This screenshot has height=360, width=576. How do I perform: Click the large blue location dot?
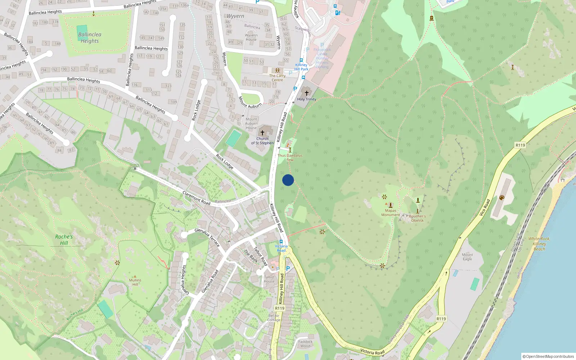click(x=288, y=180)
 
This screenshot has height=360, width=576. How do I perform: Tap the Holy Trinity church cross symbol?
click(x=307, y=93)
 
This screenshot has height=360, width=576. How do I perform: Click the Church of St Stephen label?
click(x=262, y=141)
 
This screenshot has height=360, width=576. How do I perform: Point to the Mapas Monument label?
click(x=391, y=213)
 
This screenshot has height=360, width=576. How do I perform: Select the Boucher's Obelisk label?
click(x=417, y=218)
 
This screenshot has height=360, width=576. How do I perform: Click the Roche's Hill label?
click(x=64, y=240)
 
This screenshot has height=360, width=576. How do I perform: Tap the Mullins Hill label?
click(x=135, y=282)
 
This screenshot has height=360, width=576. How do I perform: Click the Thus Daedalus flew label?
click(x=290, y=158)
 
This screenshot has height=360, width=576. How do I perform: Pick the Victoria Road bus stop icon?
click(x=281, y=242)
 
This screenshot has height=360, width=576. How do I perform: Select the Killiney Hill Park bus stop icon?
click(x=301, y=60)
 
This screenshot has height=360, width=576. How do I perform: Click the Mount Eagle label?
click(x=467, y=257)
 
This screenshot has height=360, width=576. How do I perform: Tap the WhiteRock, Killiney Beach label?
click(x=539, y=244)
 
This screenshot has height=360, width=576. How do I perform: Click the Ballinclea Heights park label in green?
click(x=90, y=38)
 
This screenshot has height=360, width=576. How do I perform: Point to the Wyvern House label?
click(x=251, y=37)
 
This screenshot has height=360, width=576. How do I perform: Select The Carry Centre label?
click(x=277, y=78)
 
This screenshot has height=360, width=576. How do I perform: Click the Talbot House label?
click(x=269, y=279)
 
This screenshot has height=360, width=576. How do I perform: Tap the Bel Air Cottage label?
click(x=274, y=318)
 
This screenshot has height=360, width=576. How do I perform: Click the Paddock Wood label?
click(x=305, y=344)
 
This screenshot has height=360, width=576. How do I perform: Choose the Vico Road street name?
click(x=485, y=208)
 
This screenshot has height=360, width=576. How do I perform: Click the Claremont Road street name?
click(x=196, y=198)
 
